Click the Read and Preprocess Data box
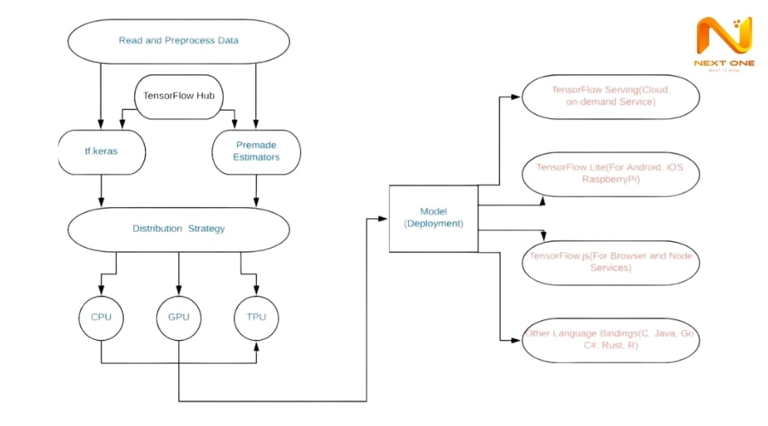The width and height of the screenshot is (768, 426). [178, 41]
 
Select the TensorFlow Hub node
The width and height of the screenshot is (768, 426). [178, 96]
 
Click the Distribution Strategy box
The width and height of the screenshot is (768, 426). [178, 228]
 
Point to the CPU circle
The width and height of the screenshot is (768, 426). [102, 318]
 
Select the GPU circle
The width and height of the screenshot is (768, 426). [178, 318]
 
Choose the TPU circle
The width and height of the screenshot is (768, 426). [256, 318]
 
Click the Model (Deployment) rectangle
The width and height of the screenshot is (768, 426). [433, 217]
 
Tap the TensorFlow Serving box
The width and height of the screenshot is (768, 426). [610, 95]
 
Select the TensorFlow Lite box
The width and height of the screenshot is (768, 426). [610, 174]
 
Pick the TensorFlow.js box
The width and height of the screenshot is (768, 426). [610, 262]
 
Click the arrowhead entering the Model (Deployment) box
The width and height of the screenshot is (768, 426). [385, 218]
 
